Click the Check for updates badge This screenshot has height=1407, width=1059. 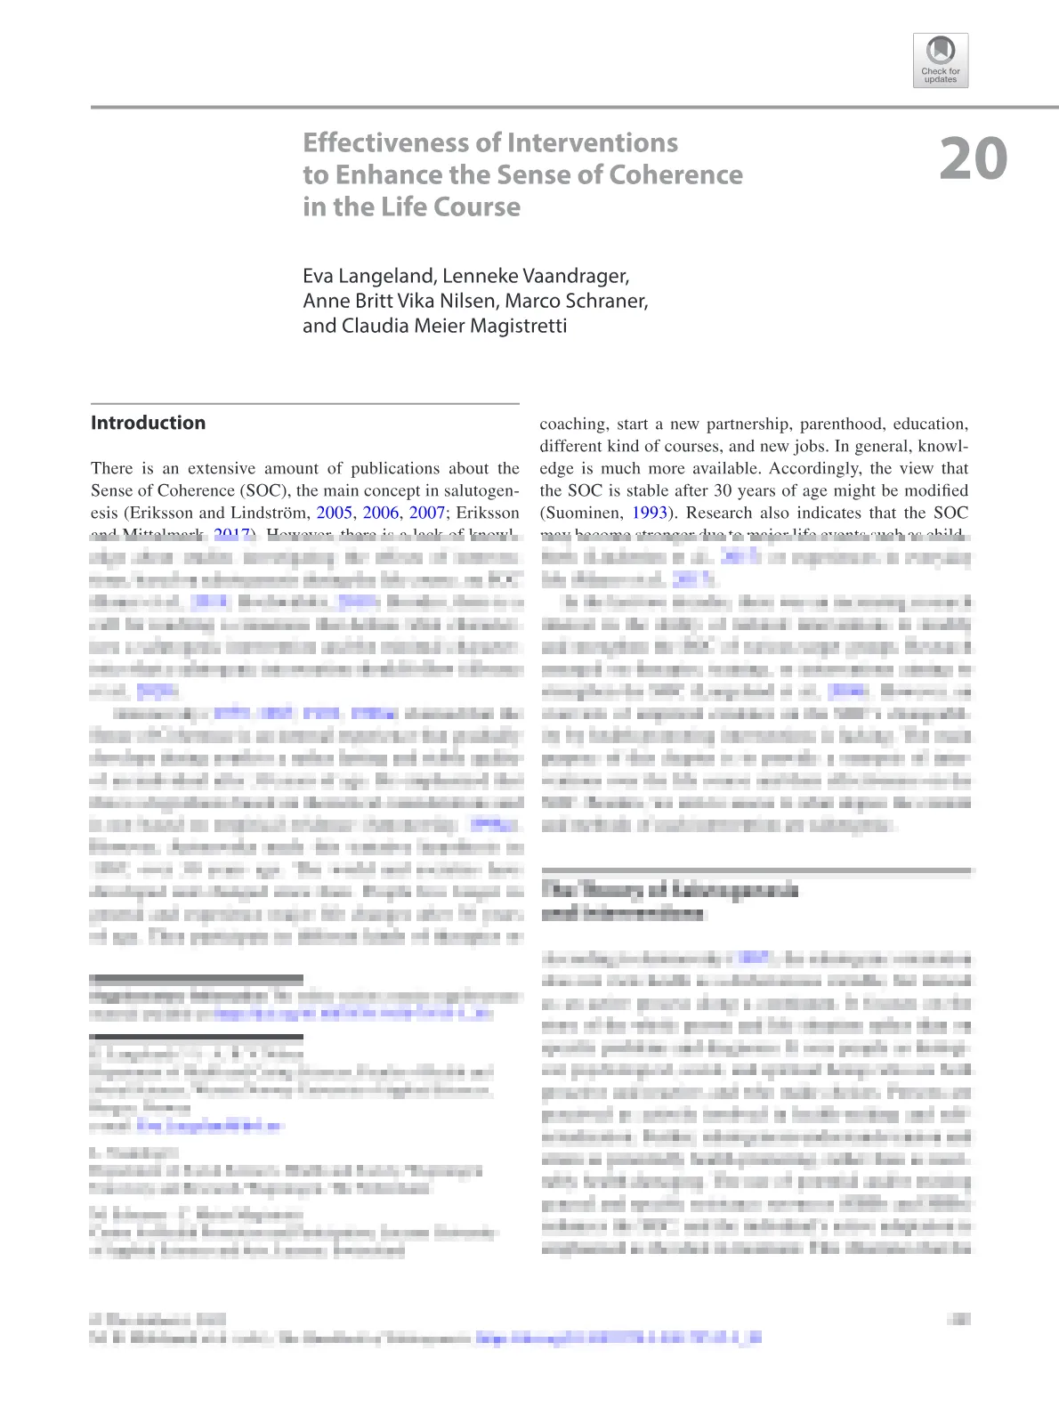[x=940, y=61]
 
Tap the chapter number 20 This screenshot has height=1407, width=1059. [x=973, y=159]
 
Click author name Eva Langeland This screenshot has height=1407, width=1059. [x=368, y=276]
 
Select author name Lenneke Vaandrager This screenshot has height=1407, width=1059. [x=536, y=276]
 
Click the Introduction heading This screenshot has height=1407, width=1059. [x=148, y=423]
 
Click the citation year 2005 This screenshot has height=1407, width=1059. [x=334, y=513]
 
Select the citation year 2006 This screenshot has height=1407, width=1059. [x=381, y=513]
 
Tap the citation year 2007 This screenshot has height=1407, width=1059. [x=427, y=513]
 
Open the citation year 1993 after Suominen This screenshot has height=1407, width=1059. [x=649, y=513]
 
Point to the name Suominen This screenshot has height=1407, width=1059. [x=581, y=513]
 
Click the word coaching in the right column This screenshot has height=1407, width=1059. [x=573, y=425]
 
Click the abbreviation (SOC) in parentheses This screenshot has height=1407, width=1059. [x=263, y=490]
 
